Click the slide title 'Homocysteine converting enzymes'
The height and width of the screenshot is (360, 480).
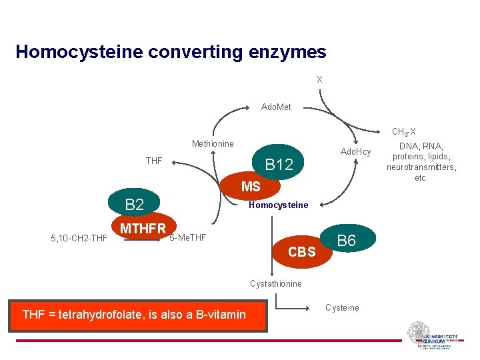[171, 52]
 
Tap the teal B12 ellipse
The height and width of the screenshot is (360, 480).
[279, 164]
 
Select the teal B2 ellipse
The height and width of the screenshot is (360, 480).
[135, 205]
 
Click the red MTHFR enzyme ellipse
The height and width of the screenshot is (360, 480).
[144, 229]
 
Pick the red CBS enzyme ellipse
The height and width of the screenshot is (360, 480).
[302, 253]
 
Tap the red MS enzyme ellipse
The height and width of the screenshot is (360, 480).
[251, 187]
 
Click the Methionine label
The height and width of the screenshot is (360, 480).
[213, 143]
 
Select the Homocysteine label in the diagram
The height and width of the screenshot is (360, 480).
[278, 205]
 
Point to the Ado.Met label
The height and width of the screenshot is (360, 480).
[276, 107]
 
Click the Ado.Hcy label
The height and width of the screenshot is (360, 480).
[355, 152]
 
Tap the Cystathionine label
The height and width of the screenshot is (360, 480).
[276, 283]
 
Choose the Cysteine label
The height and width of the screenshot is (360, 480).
[342, 307]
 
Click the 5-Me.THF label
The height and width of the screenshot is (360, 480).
[188, 237]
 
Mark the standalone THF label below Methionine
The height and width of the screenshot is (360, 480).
[154, 161]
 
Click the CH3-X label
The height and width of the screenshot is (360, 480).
[404, 132]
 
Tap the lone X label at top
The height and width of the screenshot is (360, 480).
[319, 79]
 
